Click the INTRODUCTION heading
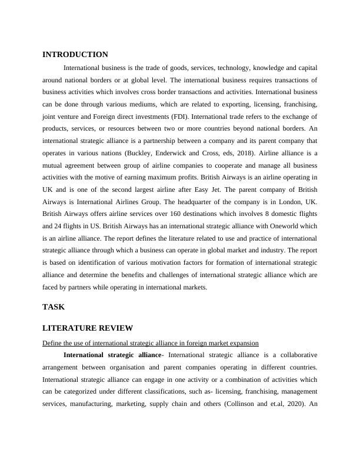[x=75, y=55]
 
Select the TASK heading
[x=54, y=307]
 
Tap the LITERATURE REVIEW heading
[x=88, y=328]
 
